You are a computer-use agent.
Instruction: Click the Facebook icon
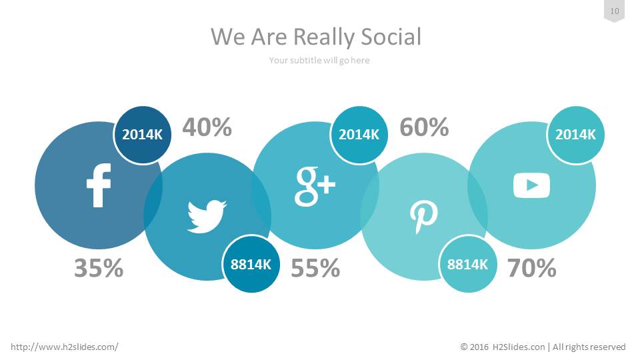coord(99,185)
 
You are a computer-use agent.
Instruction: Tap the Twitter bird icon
coord(207,216)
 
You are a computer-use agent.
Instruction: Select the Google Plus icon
coord(315,186)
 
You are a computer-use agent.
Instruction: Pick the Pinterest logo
coord(424,217)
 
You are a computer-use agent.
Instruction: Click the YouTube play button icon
coord(531,185)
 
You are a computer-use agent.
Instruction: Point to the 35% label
coord(99,268)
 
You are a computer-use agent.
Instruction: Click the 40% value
coord(207,127)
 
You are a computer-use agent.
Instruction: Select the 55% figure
coord(315,268)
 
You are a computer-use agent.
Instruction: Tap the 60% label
coord(424,127)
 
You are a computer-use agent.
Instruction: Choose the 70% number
coord(532,268)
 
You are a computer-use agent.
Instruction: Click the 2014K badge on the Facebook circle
coord(143,134)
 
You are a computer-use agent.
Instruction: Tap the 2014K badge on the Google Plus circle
coord(359,134)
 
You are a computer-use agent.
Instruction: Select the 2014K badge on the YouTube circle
coord(575,134)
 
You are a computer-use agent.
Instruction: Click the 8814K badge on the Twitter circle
coord(251,264)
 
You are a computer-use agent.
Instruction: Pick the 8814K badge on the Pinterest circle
coord(468,264)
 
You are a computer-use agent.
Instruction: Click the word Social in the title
coord(391,37)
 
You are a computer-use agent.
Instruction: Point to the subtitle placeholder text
coord(319,61)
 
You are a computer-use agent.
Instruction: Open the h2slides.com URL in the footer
coord(65,347)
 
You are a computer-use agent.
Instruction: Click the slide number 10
coord(615,11)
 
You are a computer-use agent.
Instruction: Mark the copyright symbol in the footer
coord(464,347)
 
